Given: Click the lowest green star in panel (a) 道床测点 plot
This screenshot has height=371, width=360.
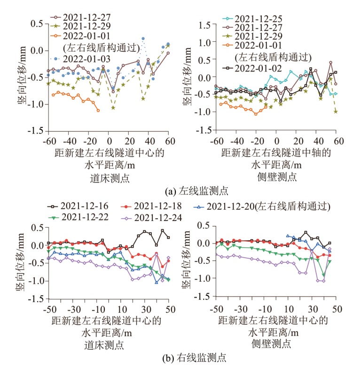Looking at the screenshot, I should click(113, 108).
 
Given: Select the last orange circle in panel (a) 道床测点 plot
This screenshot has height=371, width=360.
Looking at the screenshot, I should click(98, 110).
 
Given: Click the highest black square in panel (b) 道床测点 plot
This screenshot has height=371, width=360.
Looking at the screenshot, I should click(162, 230).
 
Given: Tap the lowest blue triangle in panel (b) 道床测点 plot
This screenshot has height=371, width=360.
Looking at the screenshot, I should click(157, 282).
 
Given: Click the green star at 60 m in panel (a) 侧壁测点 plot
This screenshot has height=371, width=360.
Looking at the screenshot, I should click(336, 111).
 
